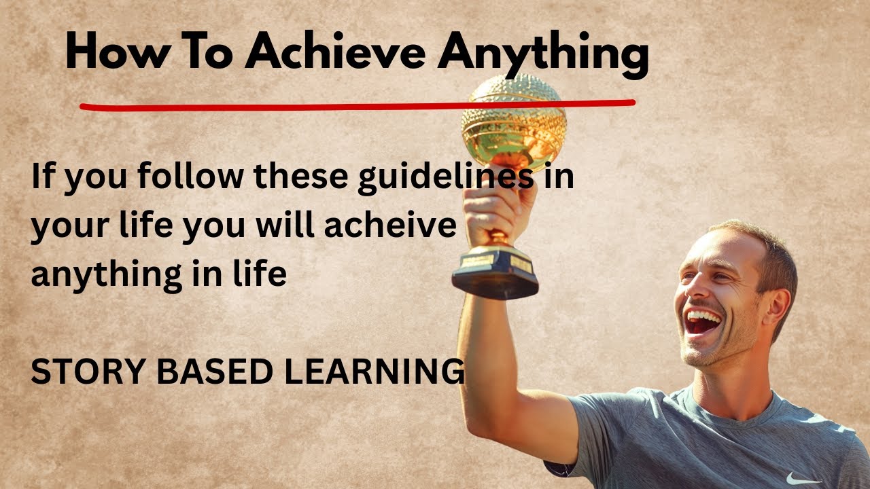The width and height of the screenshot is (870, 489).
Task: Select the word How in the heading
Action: [109, 53]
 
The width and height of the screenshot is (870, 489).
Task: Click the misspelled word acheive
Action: [390, 226]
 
